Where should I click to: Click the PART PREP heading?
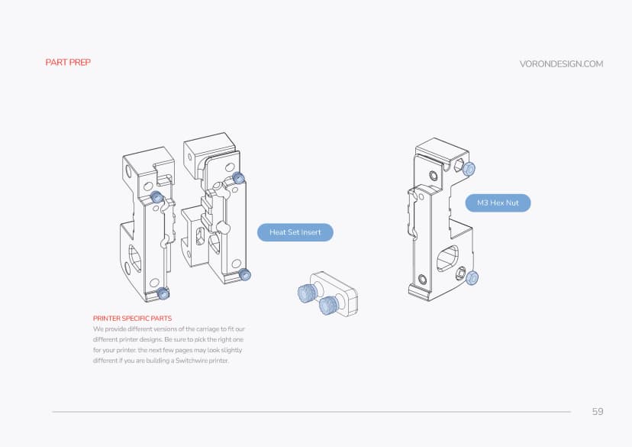tap(68, 62)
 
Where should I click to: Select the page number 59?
tap(597, 411)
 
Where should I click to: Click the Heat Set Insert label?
tap(295, 232)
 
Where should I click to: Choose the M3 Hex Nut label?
tap(497, 202)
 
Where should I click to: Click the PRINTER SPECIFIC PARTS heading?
tap(132, 317)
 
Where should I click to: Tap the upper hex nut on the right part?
tap(469, 169)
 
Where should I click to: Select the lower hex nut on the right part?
tap(472, 277)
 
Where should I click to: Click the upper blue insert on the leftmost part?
tap(157, 198)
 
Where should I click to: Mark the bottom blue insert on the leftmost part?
tap(162, 293)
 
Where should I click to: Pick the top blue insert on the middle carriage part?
tap(238, 178)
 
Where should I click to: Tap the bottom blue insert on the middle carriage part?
tap(244, 274)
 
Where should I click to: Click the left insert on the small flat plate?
tap(307, 292)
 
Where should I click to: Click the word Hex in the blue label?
tap(498, 202)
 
